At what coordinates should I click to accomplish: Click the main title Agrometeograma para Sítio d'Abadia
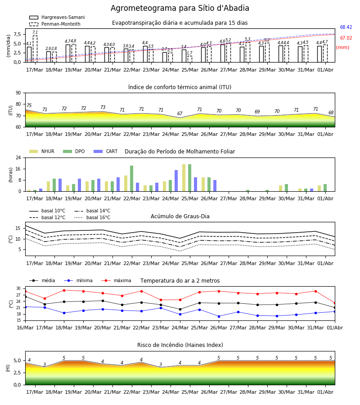(x=180, y=8)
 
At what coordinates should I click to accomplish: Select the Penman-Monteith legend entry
(x=55, y=24)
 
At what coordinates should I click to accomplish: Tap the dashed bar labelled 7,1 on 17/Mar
(x=35, y=49)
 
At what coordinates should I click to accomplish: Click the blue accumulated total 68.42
(x=346, y=27)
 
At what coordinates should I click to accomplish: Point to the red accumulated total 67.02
(x=346, y=38)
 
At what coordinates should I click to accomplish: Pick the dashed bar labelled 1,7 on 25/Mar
(x=190, y=59)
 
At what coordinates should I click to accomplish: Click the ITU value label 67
(x=180, y=113)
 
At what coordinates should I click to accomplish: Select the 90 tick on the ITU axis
(x=18, y=93)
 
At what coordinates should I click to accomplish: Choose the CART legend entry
(x=106, y=151)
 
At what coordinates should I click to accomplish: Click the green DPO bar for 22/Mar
(x=132, y=179)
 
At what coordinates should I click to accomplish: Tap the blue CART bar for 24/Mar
(x=176, y=181)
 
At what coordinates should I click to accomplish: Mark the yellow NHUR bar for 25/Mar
(x=184, y=178)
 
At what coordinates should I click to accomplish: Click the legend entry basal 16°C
(x=92, y=217)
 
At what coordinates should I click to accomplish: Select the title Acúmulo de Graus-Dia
(x=180, y=216)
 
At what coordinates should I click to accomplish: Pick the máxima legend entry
(x=116, y=280)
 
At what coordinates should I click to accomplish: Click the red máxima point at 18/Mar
(x=64, y=290)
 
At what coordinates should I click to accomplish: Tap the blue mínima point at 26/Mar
(x=219, y=316)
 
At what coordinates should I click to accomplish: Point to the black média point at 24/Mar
(x=180, y=309)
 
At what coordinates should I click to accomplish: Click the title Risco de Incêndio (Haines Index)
(x=180, y=345)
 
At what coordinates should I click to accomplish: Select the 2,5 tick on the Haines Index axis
(x=17, y=373)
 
